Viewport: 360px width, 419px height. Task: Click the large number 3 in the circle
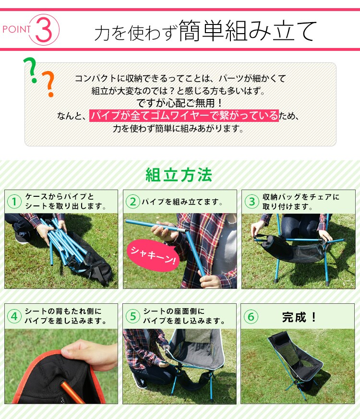[x=44, y=29]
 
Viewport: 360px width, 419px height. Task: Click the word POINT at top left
[x=17, y=29]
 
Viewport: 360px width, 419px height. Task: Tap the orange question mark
[x=48, y=84]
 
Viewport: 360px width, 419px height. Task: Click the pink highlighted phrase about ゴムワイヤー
[x=184, y=116]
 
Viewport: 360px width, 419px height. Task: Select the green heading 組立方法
[x=179, y=175]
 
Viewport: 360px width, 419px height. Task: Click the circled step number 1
[x=15, y=202]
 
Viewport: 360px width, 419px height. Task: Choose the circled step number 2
[x=132, y=202]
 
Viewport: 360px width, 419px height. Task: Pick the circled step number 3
[x=251, y=202]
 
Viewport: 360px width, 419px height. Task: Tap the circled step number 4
[x=15, y=317]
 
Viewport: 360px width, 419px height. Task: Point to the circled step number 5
[x=132, y=317]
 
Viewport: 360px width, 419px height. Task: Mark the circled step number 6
[x=251, y=317]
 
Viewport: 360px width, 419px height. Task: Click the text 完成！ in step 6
[x=300, y=317]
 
